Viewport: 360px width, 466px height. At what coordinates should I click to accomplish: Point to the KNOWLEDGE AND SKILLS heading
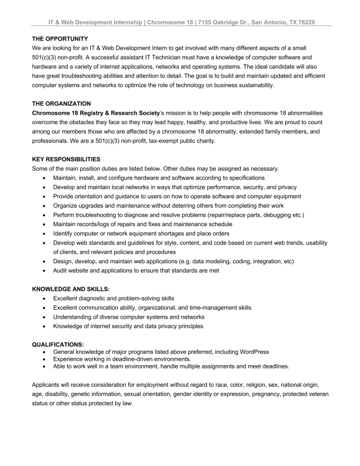(x=71, y=289)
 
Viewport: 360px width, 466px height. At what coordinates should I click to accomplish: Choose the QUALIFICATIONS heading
(x=58, y=344)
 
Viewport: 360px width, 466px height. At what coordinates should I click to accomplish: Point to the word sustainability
(x=249, y=85)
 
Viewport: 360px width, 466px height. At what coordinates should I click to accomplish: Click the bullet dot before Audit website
(x=44, y=270)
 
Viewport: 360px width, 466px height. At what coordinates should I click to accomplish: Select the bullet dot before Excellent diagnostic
(x=44, y=298)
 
